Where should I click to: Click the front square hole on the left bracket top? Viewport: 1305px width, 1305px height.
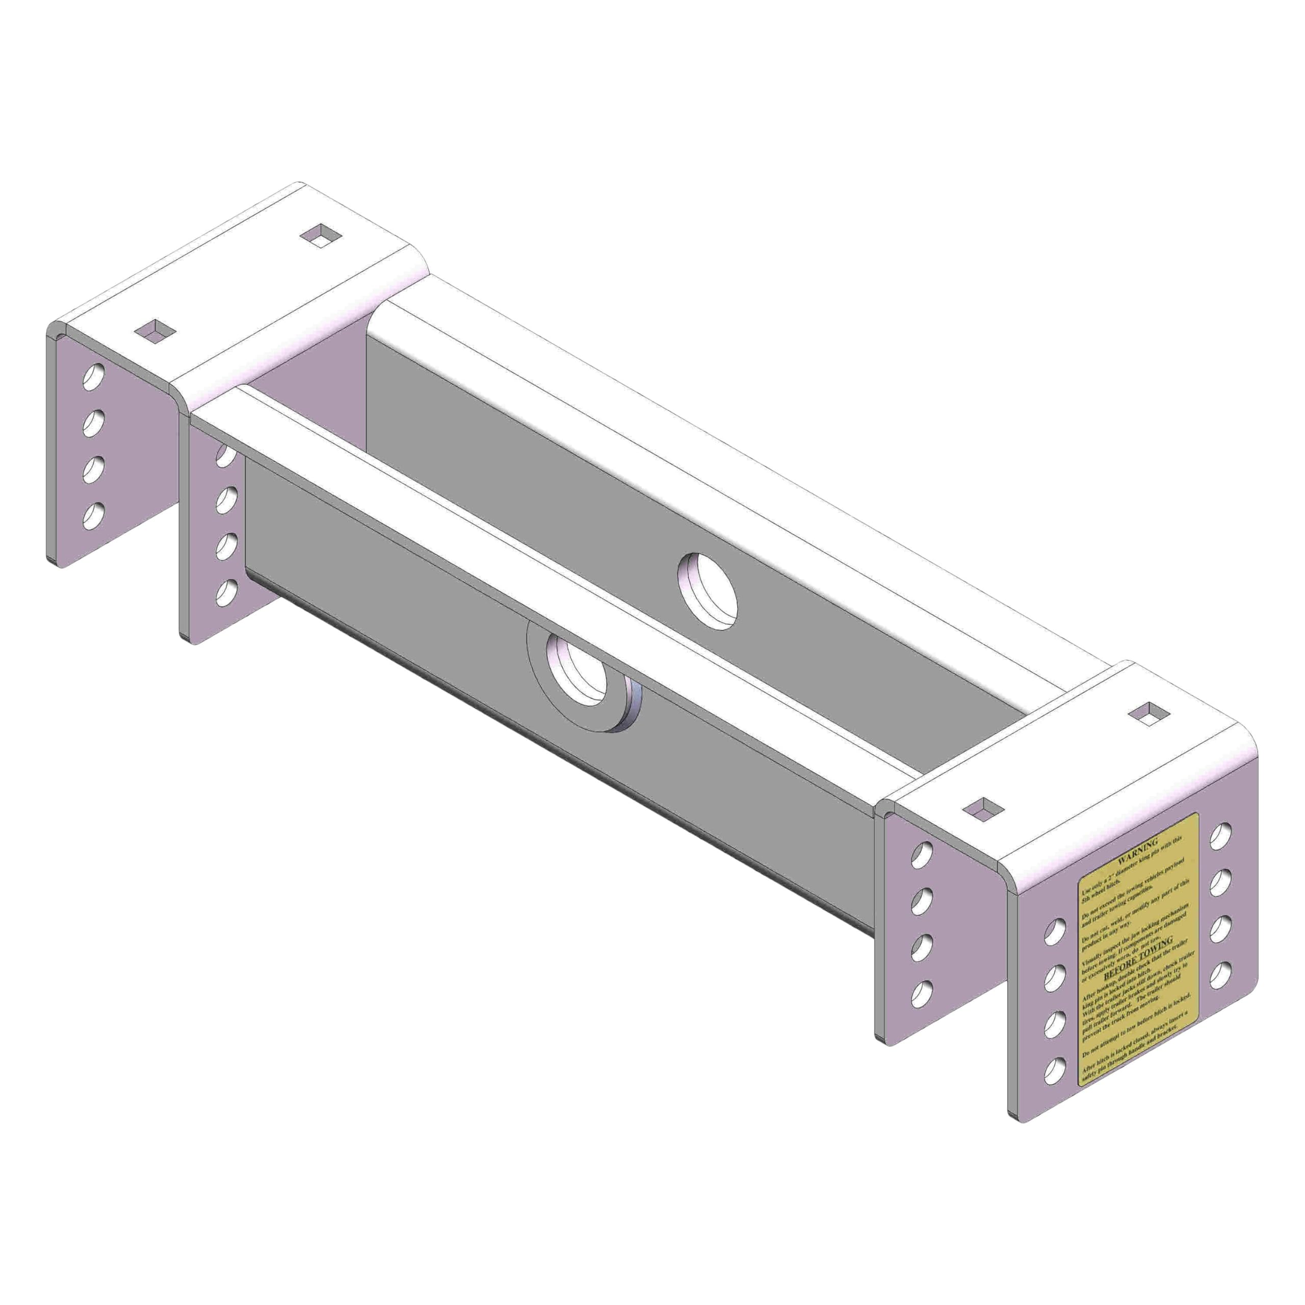(x=154, y=330)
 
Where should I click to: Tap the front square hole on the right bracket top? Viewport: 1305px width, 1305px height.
(x=981, y=808)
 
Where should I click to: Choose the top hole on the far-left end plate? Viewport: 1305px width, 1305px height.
(x=93, y=376)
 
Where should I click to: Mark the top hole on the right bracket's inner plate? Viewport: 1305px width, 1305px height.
(x=921, y=855)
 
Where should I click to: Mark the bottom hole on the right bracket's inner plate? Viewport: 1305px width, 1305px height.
(x=921, y=991)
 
